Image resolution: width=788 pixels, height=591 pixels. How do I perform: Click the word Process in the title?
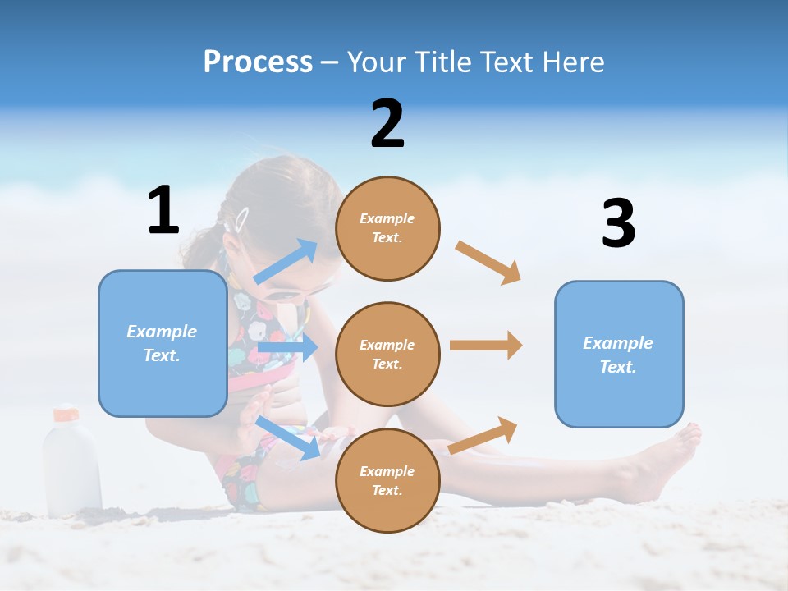pos(258,62)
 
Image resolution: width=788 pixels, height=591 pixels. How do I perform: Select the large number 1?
pos(163,211)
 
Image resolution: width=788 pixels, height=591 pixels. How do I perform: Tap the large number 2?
pos(387,124)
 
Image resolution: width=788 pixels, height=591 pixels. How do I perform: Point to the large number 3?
pos(618,223)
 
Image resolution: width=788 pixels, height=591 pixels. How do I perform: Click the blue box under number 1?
pos(163,343)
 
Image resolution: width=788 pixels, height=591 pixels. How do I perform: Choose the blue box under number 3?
pos(619,354)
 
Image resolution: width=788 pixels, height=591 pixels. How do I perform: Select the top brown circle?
pos(387,228)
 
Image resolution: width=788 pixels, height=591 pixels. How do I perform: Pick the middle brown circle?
pos(387,354)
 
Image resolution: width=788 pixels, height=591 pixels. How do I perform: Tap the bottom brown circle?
pos(387,480)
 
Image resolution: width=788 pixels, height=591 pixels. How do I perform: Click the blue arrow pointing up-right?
pos(286,261)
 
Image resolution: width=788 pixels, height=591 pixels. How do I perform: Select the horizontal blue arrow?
pos(287,348)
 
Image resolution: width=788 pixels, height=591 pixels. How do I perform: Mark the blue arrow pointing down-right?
pos(287,437)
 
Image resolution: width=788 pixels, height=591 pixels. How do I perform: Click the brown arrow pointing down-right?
pos(488,263)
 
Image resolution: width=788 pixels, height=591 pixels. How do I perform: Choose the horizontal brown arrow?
pos(486,346)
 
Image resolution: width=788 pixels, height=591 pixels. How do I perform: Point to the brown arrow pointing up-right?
pos(483,435)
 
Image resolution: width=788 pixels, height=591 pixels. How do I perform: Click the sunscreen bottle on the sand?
pos(71,464)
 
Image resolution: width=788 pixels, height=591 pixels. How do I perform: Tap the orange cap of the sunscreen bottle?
pos(66,414)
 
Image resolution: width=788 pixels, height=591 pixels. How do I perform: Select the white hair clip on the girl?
pos(241,219)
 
